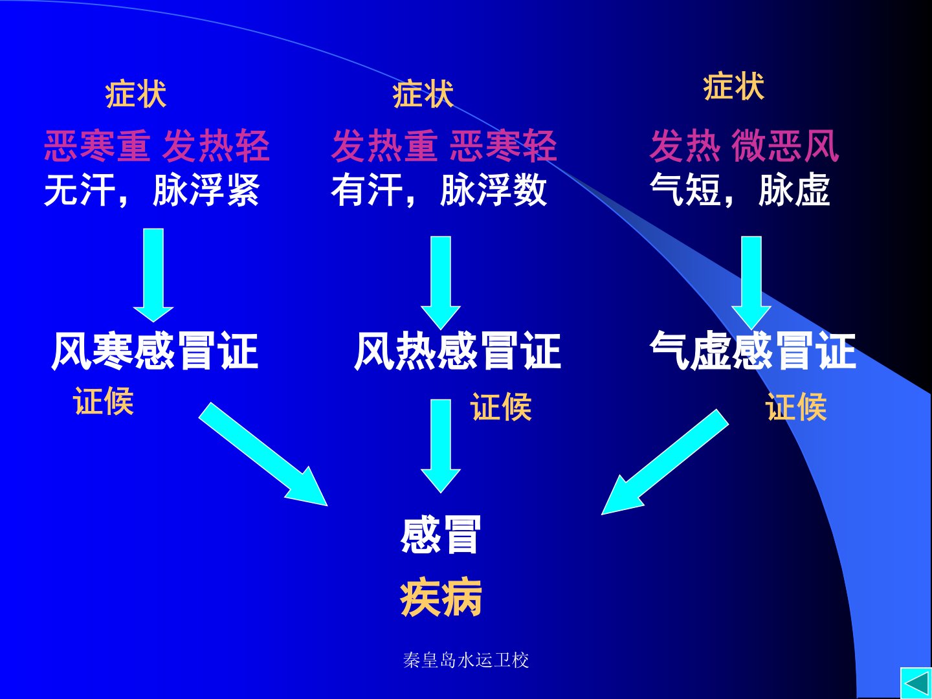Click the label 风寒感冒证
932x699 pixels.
tap(155, 351)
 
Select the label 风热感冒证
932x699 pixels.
tap(458, 351)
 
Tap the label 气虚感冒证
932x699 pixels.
tap(753, 350)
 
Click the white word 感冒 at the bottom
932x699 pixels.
tap(440, 535)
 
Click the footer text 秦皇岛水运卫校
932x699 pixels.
tap(466, 660)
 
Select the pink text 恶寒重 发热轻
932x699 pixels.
tap(157, 146)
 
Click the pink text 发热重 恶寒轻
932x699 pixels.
tap(444, 146)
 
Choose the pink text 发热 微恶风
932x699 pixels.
tap(744, 146)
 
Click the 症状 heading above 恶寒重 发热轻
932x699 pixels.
tap(135, 94)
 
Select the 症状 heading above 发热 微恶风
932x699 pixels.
tap(734, 87)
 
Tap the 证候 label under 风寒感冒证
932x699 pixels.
tap(103, 401)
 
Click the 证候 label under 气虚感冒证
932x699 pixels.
tap(796, 407)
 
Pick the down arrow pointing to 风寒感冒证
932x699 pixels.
tap(153, 275)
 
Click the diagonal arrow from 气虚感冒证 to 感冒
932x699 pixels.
tap(665, 462)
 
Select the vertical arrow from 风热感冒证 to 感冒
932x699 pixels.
tap(441, 446)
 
